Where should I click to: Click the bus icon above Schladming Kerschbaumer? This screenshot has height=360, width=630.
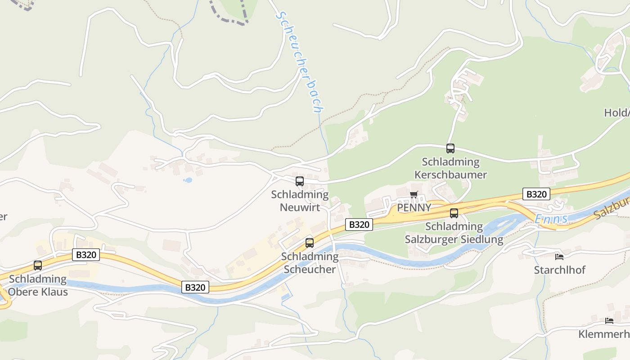(450, 148)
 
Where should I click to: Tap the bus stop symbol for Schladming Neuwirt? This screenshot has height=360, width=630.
(299, 181)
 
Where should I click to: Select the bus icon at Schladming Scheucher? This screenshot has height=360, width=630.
(309, 243)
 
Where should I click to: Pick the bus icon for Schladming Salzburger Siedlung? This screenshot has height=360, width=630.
(454, 213)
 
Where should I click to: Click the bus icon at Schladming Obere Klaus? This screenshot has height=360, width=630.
(38, 265)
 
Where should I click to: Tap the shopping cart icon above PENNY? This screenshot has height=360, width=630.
(414, 195)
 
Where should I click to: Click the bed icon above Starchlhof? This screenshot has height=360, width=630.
(559, 257)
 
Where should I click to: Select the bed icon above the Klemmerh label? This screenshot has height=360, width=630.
(609, 321)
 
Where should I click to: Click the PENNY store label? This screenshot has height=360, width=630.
(414, 207)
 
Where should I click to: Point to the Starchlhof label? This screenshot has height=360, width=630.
(559, 270)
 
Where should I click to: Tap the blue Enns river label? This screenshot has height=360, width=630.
(551, 219)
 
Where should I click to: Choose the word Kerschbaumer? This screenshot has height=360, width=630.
(450, 175)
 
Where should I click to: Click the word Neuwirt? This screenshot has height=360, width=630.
(300, 207)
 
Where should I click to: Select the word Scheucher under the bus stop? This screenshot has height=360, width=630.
(310, 269)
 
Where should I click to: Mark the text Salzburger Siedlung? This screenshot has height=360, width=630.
(454, 239)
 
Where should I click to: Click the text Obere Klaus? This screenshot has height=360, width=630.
(38, 292)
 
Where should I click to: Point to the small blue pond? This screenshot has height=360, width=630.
(188, 180)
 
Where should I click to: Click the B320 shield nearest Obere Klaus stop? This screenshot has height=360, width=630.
(86, 255)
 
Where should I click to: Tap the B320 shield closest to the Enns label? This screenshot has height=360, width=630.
(536, 194)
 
